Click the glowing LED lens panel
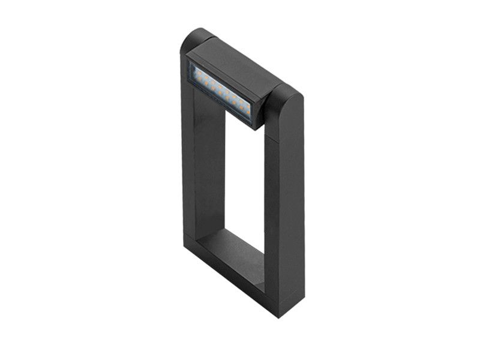click(218, 89)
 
